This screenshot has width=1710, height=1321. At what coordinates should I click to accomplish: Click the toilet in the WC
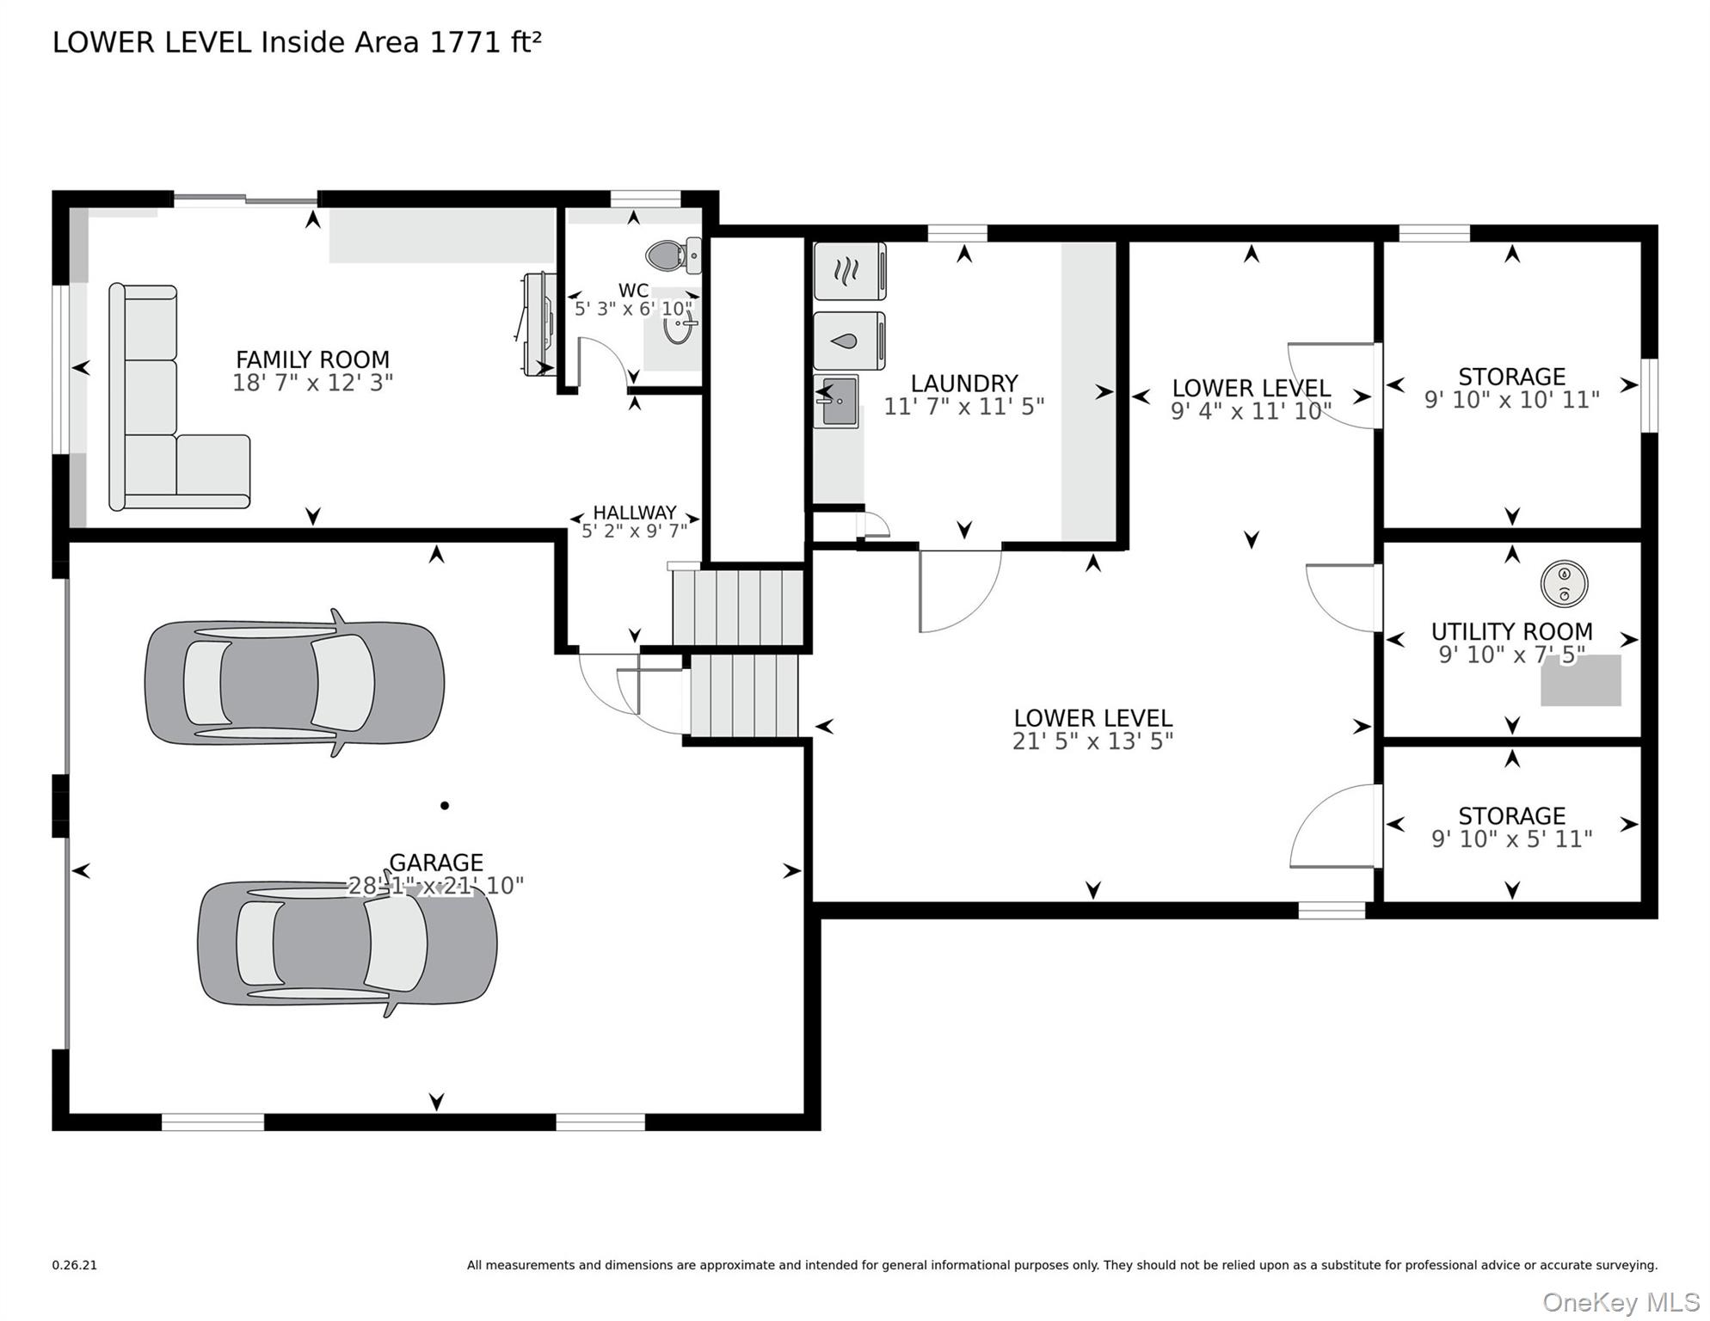[x=672, y=255]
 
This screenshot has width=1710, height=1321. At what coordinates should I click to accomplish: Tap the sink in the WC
[x=679, y=327]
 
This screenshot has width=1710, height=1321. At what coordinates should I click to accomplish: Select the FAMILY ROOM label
[x=312, y=359]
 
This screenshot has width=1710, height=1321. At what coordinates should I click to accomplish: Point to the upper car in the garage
[x=294, y=683]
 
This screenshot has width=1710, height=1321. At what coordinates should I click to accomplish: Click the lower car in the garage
[x=347, y=943]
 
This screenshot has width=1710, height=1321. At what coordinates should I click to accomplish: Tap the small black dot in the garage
[x=445, y=806]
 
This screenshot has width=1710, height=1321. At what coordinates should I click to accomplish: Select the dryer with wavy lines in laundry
[x=848, y=272]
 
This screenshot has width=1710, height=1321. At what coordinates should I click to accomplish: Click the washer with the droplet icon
[x=848, y=341]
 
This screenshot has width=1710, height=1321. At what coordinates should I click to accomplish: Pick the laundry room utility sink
[x=837, y=402]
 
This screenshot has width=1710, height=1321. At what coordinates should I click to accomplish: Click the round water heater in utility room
[x=1563, y=584]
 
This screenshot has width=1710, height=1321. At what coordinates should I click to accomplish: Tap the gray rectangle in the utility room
[x=1580, y=682]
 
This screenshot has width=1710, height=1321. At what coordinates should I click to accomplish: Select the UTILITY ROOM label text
[x=1511, y=631]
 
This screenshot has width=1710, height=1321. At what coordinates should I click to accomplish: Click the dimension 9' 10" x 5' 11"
[x=1511, y=839]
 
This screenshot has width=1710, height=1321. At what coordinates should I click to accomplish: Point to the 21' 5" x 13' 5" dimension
[x=1092, y=741]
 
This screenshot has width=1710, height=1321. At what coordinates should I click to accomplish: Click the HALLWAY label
[x=635, y=513]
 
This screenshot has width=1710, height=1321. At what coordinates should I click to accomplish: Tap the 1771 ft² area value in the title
[x=485, y=42]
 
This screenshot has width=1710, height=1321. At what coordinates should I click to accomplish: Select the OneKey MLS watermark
[x=1620, y=1302]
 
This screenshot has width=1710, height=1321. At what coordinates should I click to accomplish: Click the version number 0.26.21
[x=75, y=1265]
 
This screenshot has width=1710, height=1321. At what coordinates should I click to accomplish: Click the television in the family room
[x=538, y=323]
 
